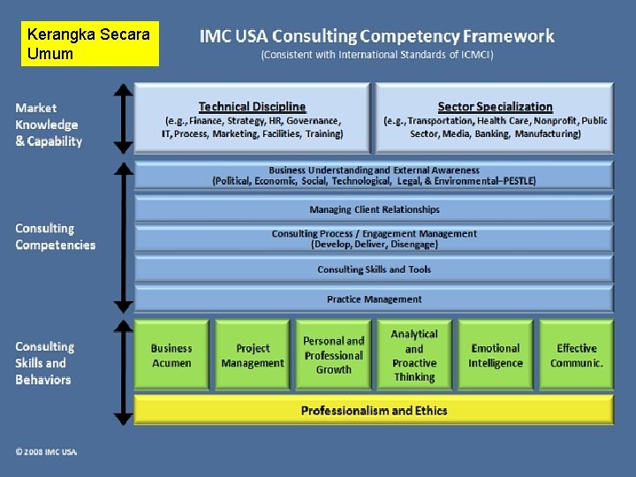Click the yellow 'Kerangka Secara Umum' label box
89,44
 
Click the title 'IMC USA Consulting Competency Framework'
377,37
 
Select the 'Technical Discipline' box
253,119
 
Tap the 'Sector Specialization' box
495,119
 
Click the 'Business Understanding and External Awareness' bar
374,175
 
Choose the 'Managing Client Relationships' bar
374,209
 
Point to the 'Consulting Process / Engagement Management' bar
374,238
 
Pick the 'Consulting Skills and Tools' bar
374,269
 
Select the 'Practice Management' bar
374,299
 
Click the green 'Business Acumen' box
171,355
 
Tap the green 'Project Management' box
253,355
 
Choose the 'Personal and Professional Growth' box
333,355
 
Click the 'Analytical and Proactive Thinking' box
414,355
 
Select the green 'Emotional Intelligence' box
496,355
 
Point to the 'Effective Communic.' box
576,355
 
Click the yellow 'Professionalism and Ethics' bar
374,410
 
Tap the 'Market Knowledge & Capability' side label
49,125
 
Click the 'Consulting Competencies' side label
55,237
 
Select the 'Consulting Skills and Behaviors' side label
44,363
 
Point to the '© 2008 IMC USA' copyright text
46,451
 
